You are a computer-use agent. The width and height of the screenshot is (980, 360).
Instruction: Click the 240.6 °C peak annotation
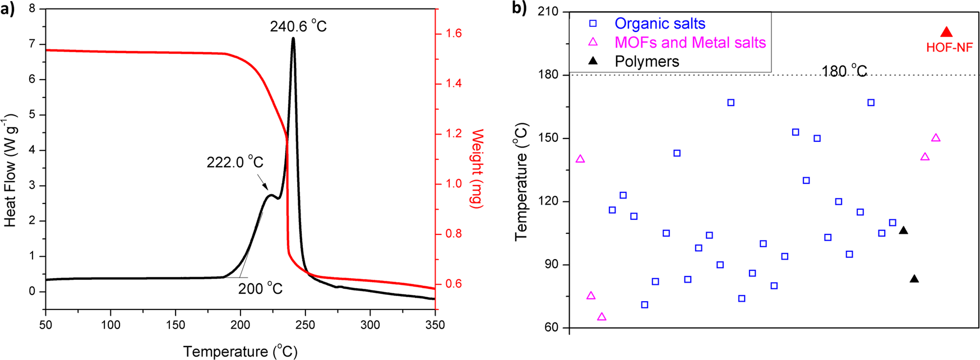298,26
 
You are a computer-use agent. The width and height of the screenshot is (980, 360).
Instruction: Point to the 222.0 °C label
234,163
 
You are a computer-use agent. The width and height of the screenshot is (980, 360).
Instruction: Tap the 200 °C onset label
260,289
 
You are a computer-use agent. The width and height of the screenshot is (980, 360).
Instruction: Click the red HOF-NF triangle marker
946,33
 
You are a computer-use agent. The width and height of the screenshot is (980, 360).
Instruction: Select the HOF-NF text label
949,48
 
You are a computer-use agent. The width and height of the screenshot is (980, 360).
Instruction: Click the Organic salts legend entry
659,24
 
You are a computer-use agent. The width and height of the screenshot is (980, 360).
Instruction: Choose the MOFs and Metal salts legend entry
690,43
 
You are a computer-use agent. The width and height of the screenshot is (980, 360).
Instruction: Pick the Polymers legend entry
646,61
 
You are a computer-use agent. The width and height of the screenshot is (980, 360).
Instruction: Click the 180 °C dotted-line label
844,71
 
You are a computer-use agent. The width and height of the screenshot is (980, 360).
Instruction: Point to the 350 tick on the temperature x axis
435,325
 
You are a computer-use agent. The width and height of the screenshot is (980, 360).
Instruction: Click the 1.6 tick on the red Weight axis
454,34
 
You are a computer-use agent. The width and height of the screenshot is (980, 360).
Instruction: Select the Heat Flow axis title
11,171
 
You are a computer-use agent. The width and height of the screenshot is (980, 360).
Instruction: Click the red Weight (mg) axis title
477,168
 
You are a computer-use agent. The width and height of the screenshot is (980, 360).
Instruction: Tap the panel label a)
8,9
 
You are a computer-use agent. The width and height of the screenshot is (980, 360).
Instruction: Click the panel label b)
519,9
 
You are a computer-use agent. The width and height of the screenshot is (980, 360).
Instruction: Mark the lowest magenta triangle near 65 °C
602,317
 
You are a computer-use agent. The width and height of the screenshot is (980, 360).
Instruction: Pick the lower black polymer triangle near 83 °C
914,279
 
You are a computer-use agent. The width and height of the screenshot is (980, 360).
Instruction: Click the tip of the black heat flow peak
293,38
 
